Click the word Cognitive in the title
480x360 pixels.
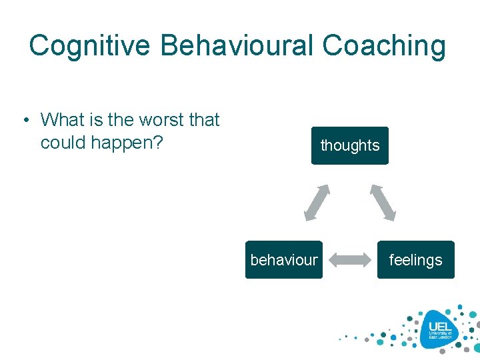point(90,46)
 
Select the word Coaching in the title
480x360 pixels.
point(384,46)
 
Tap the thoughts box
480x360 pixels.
point(349,145)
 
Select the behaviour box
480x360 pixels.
point(284,260)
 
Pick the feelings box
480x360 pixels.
point(415,260)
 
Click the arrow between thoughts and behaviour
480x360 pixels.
point(317,202)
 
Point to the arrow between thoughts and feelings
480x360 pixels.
point(383,202)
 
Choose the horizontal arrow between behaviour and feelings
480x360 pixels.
point(350,260)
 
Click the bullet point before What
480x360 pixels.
point(25,121)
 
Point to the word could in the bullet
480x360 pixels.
point(62,143)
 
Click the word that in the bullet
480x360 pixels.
point(204,120)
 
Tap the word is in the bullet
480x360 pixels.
point(97,120)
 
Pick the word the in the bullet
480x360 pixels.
point(121,120)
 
